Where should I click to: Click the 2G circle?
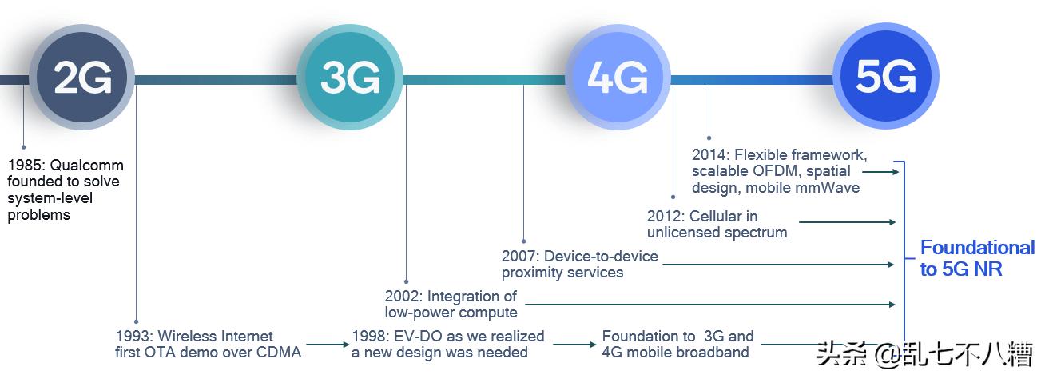point(82,78)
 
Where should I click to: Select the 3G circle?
point(350,78)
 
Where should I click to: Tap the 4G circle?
point(618,78)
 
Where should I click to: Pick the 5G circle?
point(885,78)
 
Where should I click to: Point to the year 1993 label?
point(133,337)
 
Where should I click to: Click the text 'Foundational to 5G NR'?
point(976,258)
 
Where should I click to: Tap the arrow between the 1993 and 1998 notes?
point(326,345)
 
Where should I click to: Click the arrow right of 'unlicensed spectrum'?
point(847,222)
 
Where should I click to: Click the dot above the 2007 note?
point(523,240)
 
